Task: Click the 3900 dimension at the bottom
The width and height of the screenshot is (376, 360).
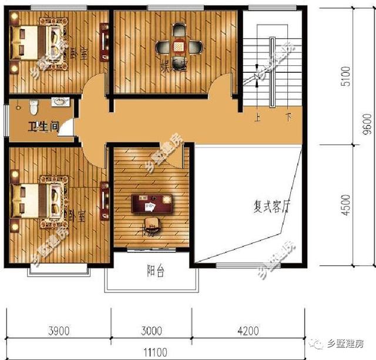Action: coord(59,332)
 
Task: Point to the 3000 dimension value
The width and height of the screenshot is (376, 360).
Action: coord(152,332)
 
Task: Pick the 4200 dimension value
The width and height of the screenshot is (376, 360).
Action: coord(248,332)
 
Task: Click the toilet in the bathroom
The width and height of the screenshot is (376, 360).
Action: coord(34,107)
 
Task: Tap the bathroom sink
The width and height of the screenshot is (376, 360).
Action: coord(59,102)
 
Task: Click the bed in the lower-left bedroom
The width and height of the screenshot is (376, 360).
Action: coord(39,199)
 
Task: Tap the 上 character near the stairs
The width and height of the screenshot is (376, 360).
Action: coord(257,117)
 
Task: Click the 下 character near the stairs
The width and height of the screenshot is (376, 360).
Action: coord(288,117)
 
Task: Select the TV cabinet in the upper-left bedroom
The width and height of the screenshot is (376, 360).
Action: coord(104,41)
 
